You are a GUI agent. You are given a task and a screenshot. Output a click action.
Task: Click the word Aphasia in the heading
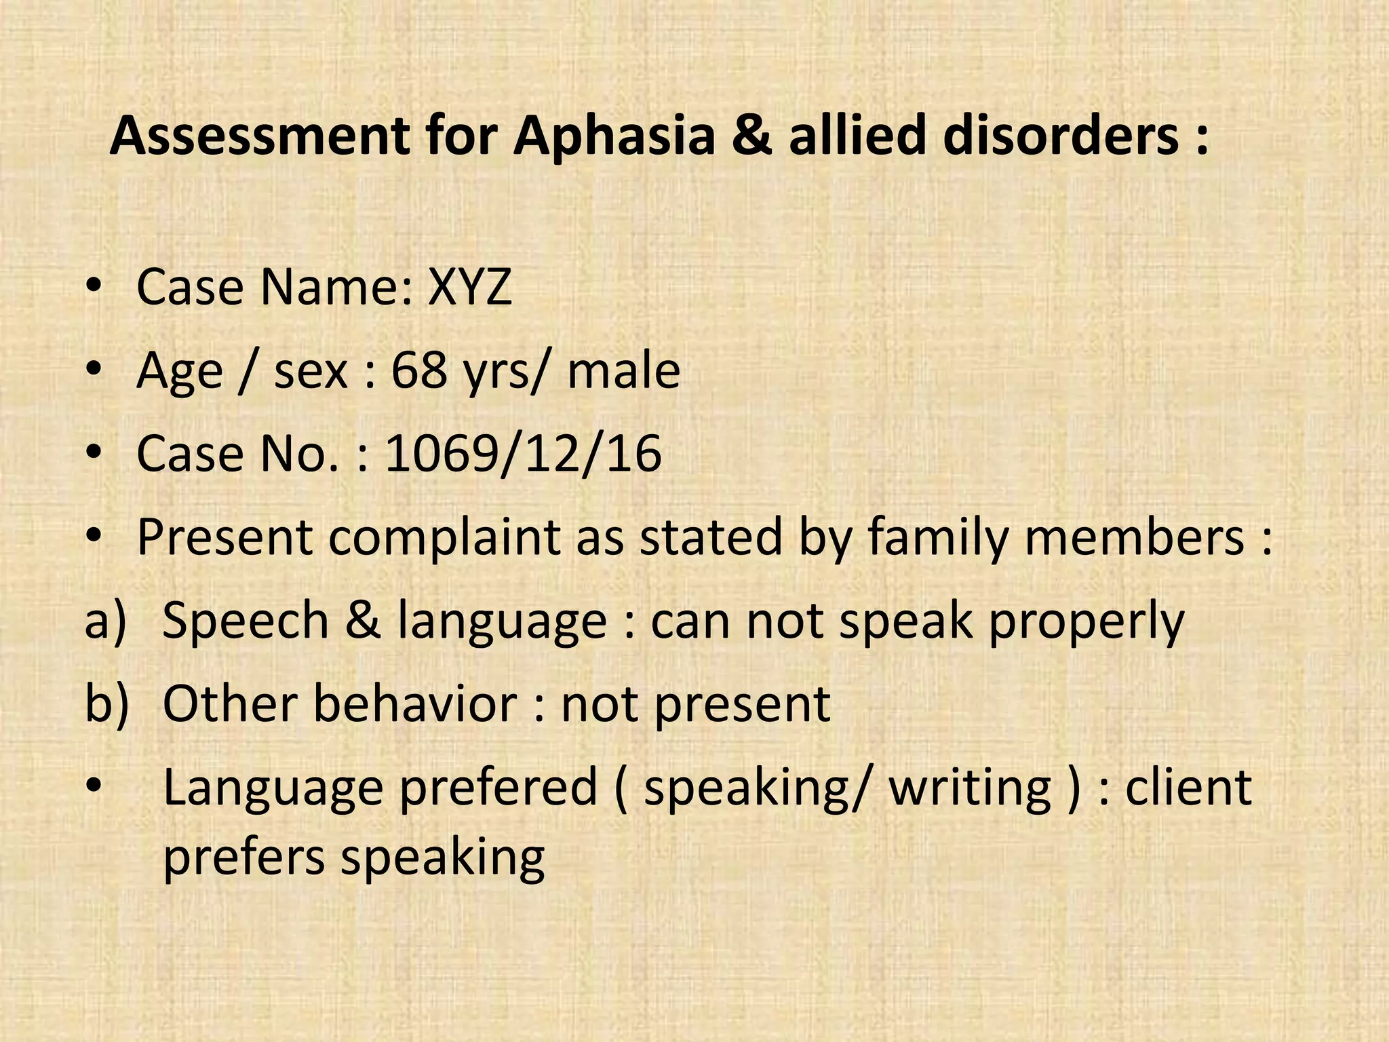614,137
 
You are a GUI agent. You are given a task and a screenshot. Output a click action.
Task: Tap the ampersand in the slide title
752,136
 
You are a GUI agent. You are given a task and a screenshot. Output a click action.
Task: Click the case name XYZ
469,287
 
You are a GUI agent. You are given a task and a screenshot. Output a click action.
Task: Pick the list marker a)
106,620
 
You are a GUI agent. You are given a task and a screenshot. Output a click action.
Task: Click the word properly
1086,621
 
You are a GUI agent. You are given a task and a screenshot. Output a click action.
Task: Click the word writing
970,788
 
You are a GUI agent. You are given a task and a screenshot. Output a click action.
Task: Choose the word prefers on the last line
244,857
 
